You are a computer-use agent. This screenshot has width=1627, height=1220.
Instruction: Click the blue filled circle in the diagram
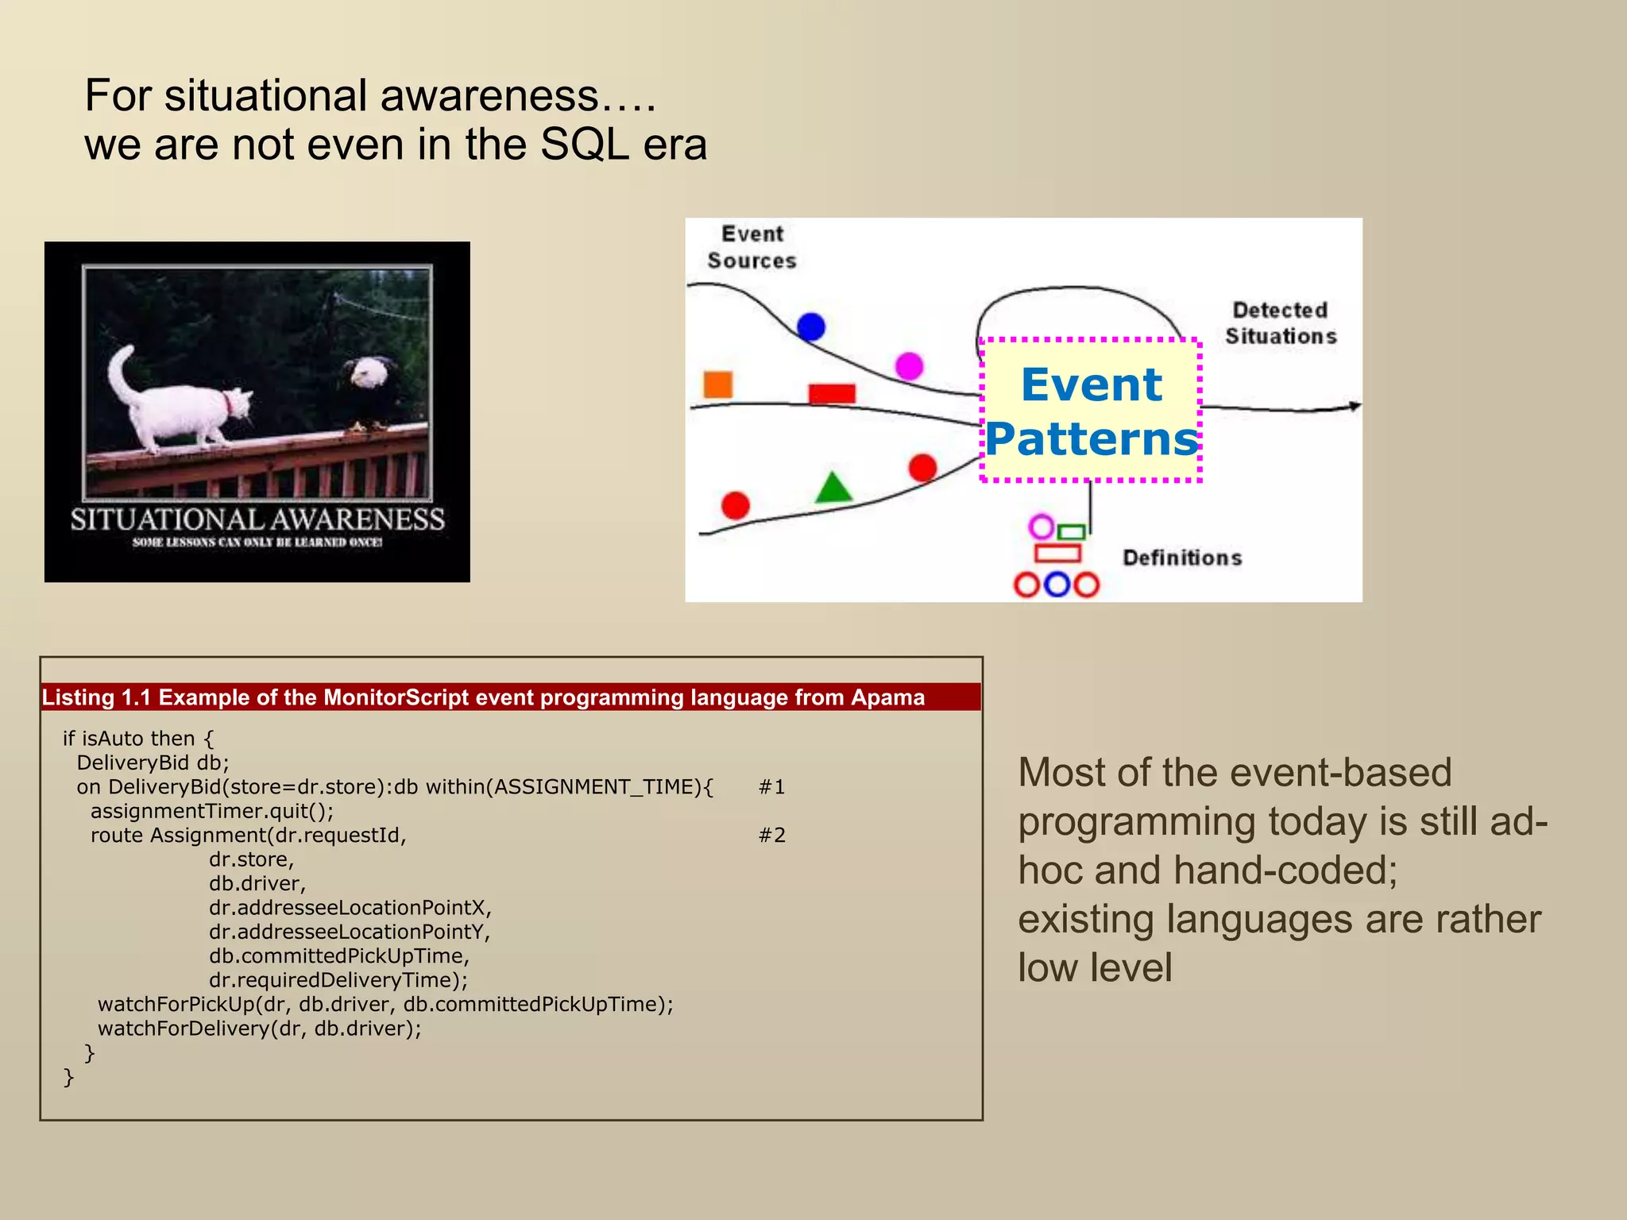point(810,326)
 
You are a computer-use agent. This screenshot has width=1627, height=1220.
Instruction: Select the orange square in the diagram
point(717,384)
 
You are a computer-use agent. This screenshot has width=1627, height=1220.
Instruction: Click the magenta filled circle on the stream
point(909,366)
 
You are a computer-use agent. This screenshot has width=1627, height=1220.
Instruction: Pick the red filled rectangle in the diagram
point(831,393)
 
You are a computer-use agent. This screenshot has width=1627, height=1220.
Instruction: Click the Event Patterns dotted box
point(1090,411)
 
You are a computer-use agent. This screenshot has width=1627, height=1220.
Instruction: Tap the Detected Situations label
point(1280,323)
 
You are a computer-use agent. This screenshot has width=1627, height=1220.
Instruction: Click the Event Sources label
point(752,247)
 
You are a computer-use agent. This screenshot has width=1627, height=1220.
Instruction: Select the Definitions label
point(1181,558)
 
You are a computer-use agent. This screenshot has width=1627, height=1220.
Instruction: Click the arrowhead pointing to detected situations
point(1354,407)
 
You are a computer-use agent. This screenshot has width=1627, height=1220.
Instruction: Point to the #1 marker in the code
point(771,787)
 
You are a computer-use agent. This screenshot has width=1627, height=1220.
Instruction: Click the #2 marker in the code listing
point(771,836)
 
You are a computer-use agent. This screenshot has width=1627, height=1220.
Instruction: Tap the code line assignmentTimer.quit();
point(211,811)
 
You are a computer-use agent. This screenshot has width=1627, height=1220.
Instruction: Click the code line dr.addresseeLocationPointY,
point(350,932)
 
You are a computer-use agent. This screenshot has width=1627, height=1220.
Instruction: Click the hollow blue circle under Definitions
point(1056,585)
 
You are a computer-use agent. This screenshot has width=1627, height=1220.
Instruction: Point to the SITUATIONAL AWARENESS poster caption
point(257,519)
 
